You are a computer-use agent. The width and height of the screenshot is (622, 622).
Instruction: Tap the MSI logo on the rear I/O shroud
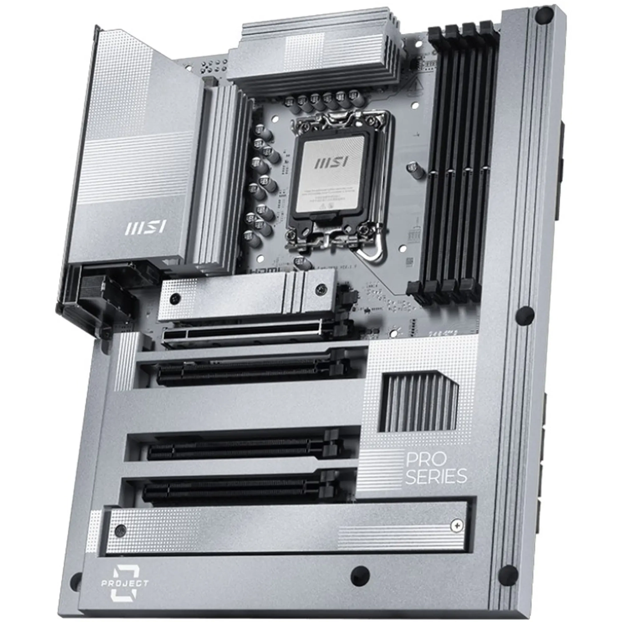[145, 228]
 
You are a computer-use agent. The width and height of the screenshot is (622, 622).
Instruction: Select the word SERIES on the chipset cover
[437, 476]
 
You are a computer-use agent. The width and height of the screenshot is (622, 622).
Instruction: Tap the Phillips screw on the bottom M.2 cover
[455, 526]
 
